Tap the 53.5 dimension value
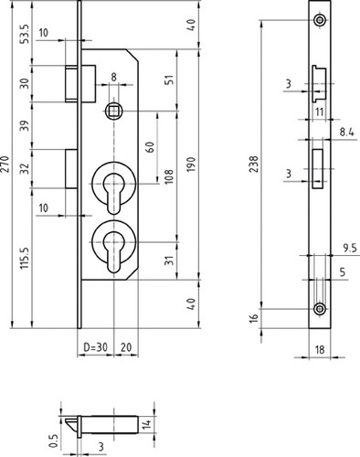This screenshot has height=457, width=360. click(26, 34)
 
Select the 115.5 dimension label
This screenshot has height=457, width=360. click(25, 258)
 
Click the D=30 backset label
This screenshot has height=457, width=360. click(95, 347)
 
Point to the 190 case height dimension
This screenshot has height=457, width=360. click(191, 165)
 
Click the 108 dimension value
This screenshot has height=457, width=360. click(169, 176)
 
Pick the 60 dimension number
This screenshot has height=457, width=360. click(150, 147)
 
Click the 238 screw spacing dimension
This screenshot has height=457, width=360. click(253, 164)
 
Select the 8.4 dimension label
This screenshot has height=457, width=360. click(348, 133)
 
